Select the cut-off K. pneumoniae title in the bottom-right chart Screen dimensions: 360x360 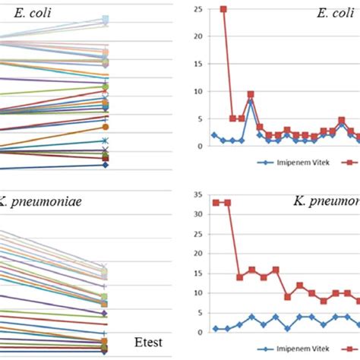tap(326, 201)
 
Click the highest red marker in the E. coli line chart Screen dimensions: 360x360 tap(223, 9)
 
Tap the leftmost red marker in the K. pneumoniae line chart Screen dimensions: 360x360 tap(216, 203)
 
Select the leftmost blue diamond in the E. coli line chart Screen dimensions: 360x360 tap(214, 135)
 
